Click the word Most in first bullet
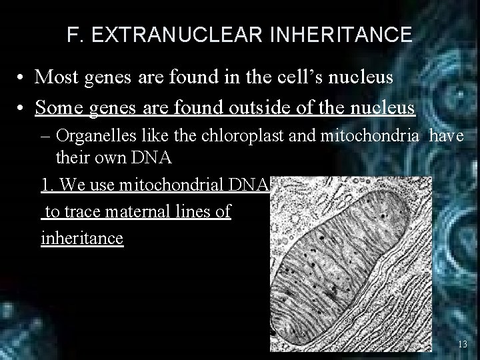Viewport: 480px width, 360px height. (56, 77)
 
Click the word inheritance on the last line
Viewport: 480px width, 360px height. (82, 238)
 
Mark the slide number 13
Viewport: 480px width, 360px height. (463, 343)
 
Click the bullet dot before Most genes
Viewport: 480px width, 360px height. (22, 78)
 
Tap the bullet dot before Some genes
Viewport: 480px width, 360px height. (22, 107)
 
